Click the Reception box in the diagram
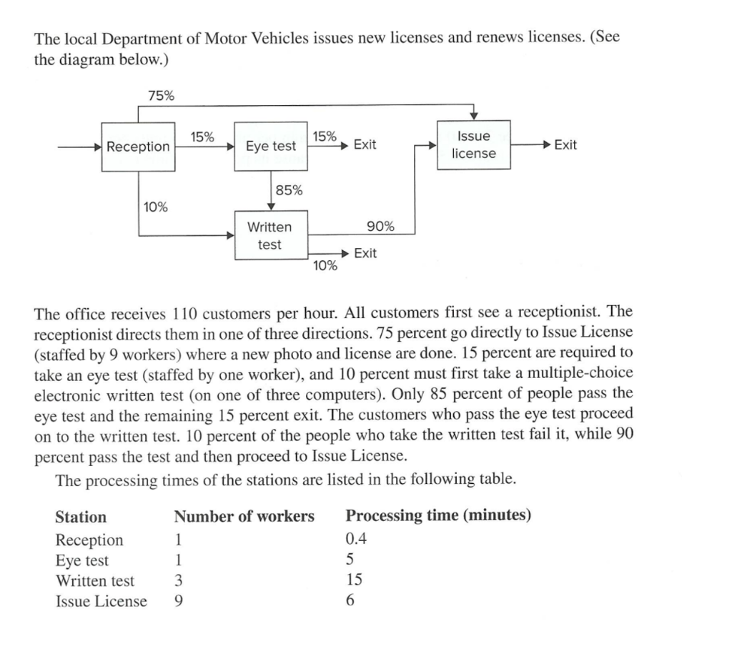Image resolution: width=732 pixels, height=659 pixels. click(139, 147)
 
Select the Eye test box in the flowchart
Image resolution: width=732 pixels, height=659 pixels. click(271, 146)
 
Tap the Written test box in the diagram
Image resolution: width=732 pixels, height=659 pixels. click(269, 236)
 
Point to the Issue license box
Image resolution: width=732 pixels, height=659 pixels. click(473, 144)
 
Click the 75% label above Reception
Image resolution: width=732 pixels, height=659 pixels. click(161, 96)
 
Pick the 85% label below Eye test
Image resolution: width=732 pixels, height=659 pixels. click(289, 190)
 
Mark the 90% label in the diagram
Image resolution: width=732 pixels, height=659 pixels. click(380, 227)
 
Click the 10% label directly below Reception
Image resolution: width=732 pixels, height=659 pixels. click(156, 207)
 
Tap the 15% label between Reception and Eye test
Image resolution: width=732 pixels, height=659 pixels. click(202, 137)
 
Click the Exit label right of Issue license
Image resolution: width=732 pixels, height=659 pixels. click(565, 145)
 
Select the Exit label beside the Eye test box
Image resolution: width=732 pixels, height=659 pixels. click(365, 145)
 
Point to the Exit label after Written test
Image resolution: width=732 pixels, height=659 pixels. click(365, 253)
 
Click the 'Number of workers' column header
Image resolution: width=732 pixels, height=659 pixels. click(244, 516)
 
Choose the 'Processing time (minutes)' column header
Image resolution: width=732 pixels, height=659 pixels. click(438, 515)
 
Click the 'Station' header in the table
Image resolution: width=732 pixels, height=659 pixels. click(81, 517)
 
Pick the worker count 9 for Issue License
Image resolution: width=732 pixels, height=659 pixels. click(179, 601)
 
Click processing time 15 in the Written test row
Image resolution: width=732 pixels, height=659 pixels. click(354, 580)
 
